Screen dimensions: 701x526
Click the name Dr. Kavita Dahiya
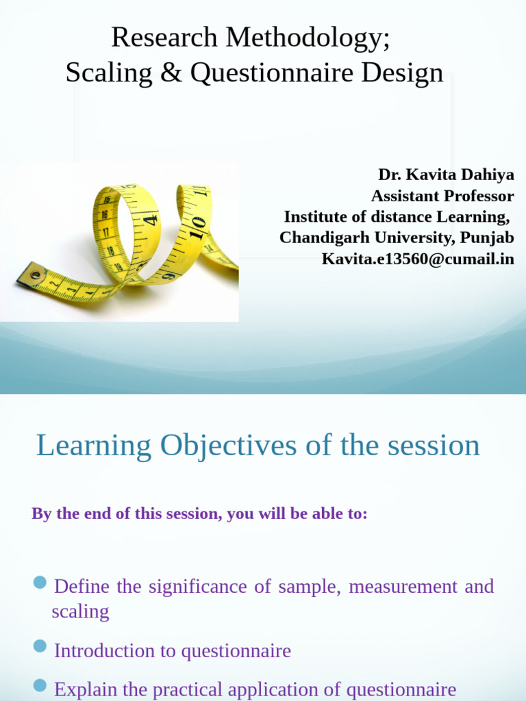click(446, 175)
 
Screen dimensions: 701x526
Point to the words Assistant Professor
click(442, 196)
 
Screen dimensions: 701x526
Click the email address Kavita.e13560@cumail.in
click(418, 259)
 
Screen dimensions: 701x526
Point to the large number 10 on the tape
click(197, 225)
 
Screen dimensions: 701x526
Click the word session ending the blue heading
click(434, 446)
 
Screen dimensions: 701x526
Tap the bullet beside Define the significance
click(40, 583)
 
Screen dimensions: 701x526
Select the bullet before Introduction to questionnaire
click(40, 647)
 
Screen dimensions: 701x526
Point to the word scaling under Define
click(80, 611)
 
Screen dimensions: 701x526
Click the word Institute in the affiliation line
click(314, 217)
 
